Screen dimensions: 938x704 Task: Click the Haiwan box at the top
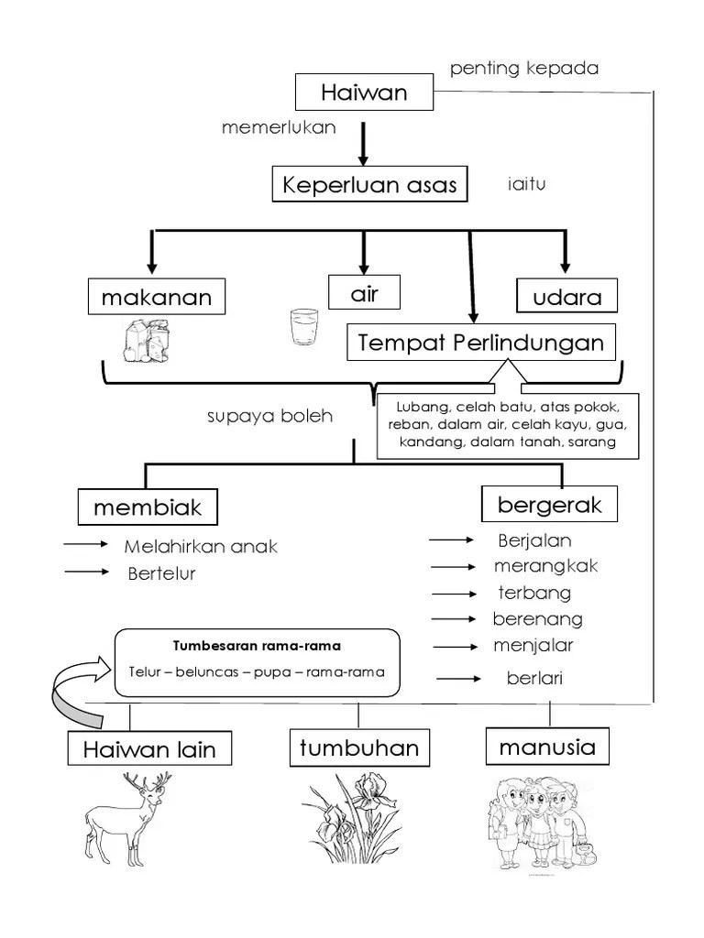363,93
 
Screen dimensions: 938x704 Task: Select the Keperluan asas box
369,185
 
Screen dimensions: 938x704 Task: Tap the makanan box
157,297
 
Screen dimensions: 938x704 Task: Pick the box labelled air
364,293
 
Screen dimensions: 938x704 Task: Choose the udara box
567,297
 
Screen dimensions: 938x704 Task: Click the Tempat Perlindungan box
481,344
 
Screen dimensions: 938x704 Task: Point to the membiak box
147,507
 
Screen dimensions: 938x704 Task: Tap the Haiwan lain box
148,749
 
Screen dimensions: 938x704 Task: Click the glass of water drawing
302,327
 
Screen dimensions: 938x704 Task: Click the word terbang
533,593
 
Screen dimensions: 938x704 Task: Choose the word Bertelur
161,573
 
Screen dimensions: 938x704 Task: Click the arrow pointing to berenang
456,619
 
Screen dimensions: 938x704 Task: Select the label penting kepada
524,69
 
